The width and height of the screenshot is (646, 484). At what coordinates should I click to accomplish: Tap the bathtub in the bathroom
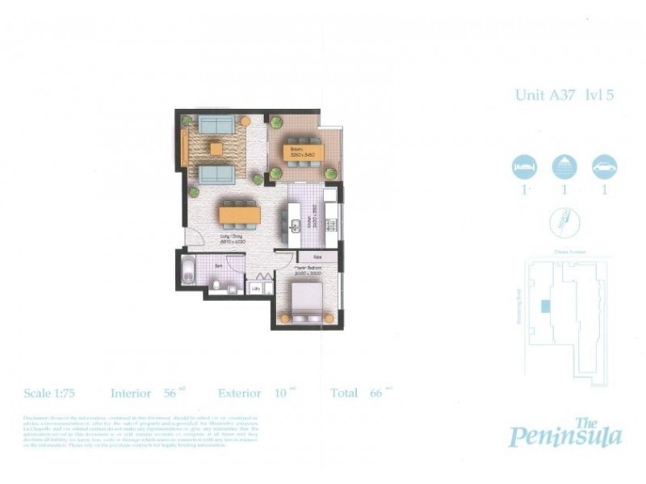coord(188,272)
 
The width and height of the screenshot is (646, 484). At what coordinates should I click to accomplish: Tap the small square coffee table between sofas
coord(215,148)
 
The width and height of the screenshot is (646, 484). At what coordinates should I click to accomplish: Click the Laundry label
coord(257,287)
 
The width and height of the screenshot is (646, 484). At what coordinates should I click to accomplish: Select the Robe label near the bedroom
coord(308,257)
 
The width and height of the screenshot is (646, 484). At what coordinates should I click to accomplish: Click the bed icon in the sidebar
coord(523,167)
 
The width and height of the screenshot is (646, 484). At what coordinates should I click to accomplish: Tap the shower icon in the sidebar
coord(564,167)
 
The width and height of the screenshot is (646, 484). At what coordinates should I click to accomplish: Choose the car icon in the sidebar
coord(604,167)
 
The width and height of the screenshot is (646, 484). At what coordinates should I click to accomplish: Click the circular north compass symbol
coord(563,219)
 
